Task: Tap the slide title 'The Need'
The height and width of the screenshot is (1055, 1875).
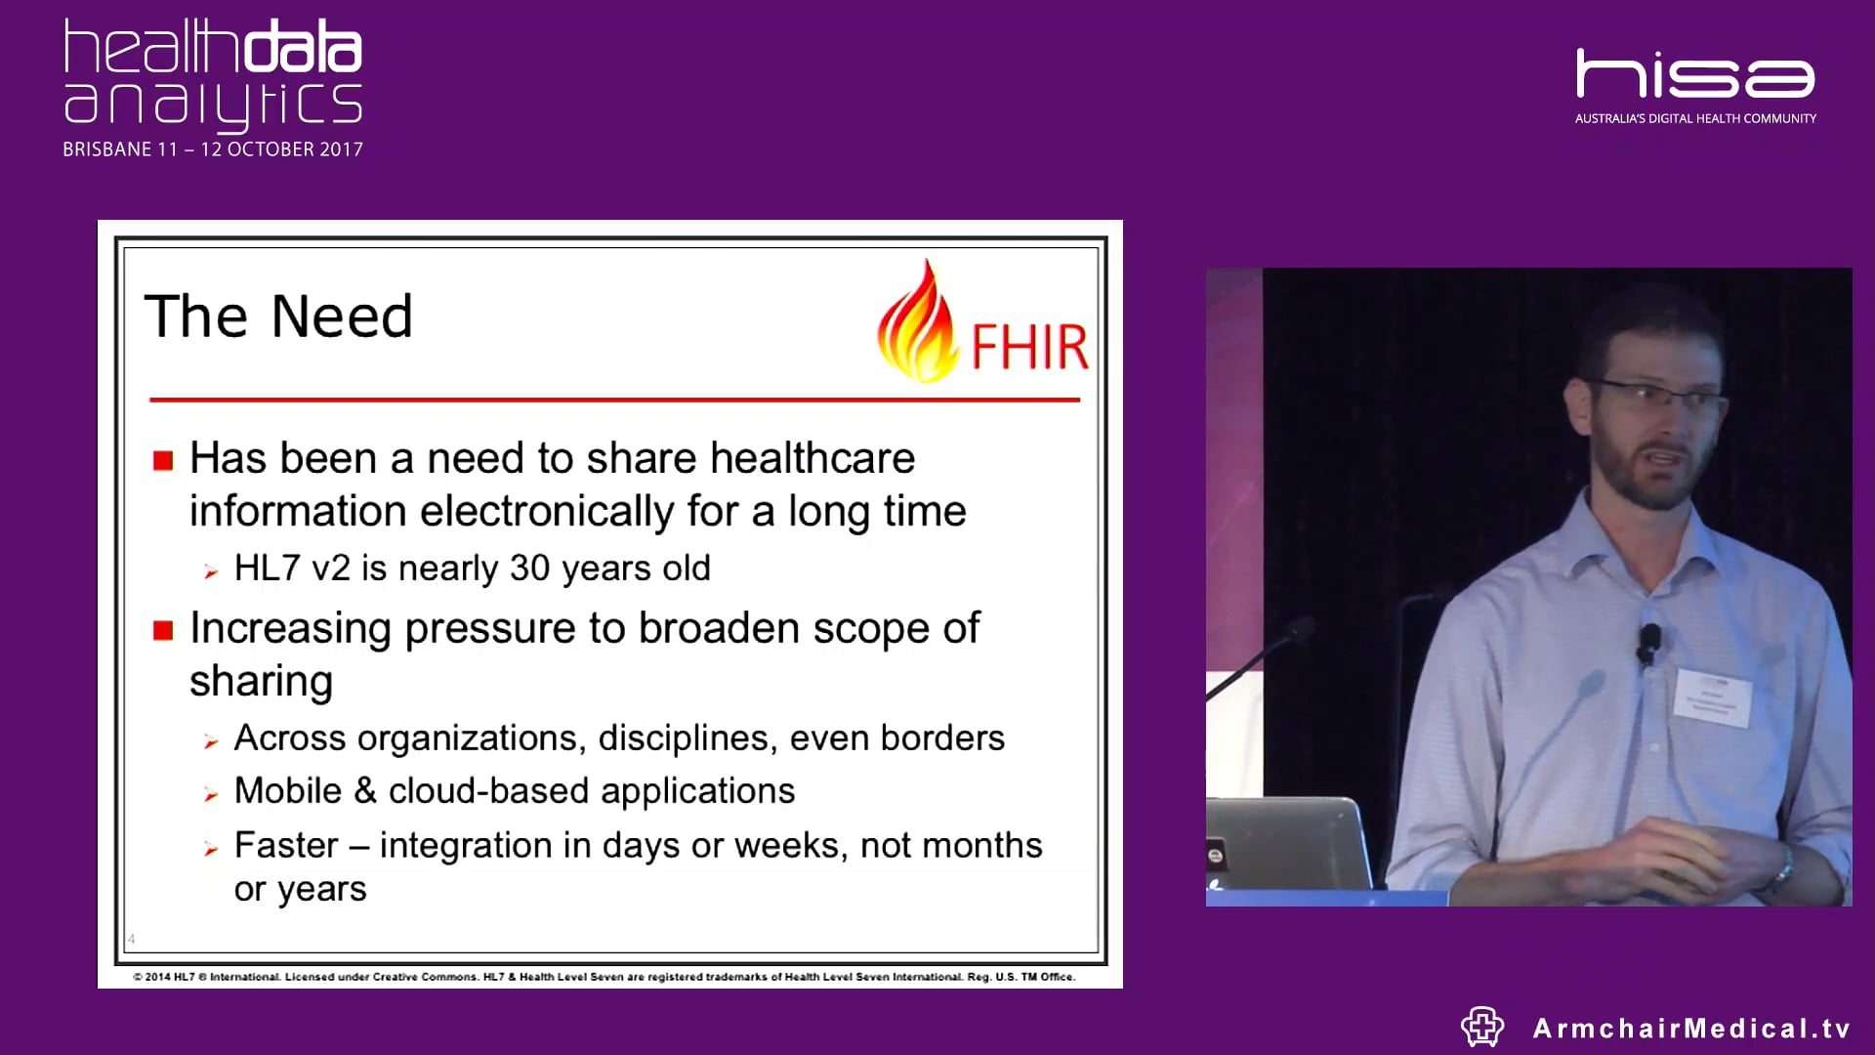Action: click(278, 316)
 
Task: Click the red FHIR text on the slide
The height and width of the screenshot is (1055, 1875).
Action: click(1029, 347)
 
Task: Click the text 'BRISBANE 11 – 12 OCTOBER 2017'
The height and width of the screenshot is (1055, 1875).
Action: click(213, 149)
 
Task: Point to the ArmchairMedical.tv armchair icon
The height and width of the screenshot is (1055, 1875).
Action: click(1481, 1027)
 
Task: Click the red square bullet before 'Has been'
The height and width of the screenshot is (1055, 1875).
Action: click(163, 460)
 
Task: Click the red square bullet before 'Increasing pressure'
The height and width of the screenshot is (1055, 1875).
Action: click(163, 630)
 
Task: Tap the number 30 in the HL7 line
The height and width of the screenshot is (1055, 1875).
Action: click(530, 568)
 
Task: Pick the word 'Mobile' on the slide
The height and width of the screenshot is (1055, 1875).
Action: click(288, 790)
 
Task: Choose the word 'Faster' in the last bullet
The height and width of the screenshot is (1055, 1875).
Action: click(286, 845)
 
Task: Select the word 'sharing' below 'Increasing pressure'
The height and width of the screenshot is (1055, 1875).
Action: click(261, 682)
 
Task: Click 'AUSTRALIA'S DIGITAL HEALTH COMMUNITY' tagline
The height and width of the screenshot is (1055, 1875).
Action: click(1695, 118)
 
